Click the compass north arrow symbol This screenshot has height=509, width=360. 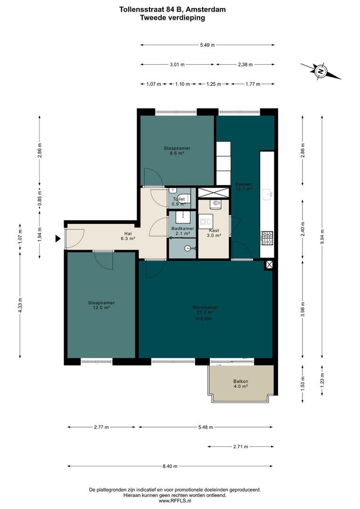click(x=320, y=72)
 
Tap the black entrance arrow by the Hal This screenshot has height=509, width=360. click(x=58, y=239)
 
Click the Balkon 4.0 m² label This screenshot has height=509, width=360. click(x=240, y=384)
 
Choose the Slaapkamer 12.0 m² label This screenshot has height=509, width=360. click(x=101, y=305)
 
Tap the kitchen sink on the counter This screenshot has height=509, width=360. click(x=268, y=193)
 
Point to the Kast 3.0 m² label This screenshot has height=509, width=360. click(x=214, y=233)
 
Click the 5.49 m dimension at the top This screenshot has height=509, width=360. click(x=207, y=45)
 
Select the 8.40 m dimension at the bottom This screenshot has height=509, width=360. click(x=170, y=466)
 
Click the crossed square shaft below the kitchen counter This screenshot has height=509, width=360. click(x=269, y=265)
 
